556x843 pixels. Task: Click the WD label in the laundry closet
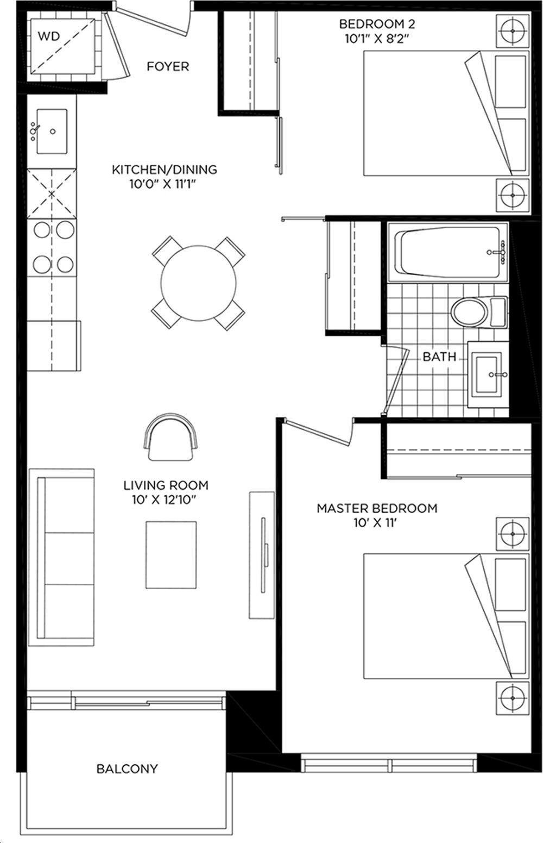[x=49, y=36]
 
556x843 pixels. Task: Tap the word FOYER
[x=168, y=67]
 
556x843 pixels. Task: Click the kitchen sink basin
[x=52, y=132]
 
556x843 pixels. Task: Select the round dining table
[x=199, y=283]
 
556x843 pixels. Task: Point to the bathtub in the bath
[x=448, y=252]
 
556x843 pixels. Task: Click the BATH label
[x=439, y=357]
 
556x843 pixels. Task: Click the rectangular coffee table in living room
[x=171, y=555]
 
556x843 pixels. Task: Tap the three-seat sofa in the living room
[x=62, y=557]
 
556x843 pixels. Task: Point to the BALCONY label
[x=127, y=769]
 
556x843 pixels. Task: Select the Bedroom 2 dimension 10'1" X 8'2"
[x=377, y=39]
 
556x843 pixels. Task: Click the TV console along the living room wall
[x=262, y=555]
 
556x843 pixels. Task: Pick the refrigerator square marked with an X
[x=52, y=194]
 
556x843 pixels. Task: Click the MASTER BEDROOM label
[x=377, y=508]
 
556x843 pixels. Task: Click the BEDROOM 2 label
[x=377, y=24]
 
